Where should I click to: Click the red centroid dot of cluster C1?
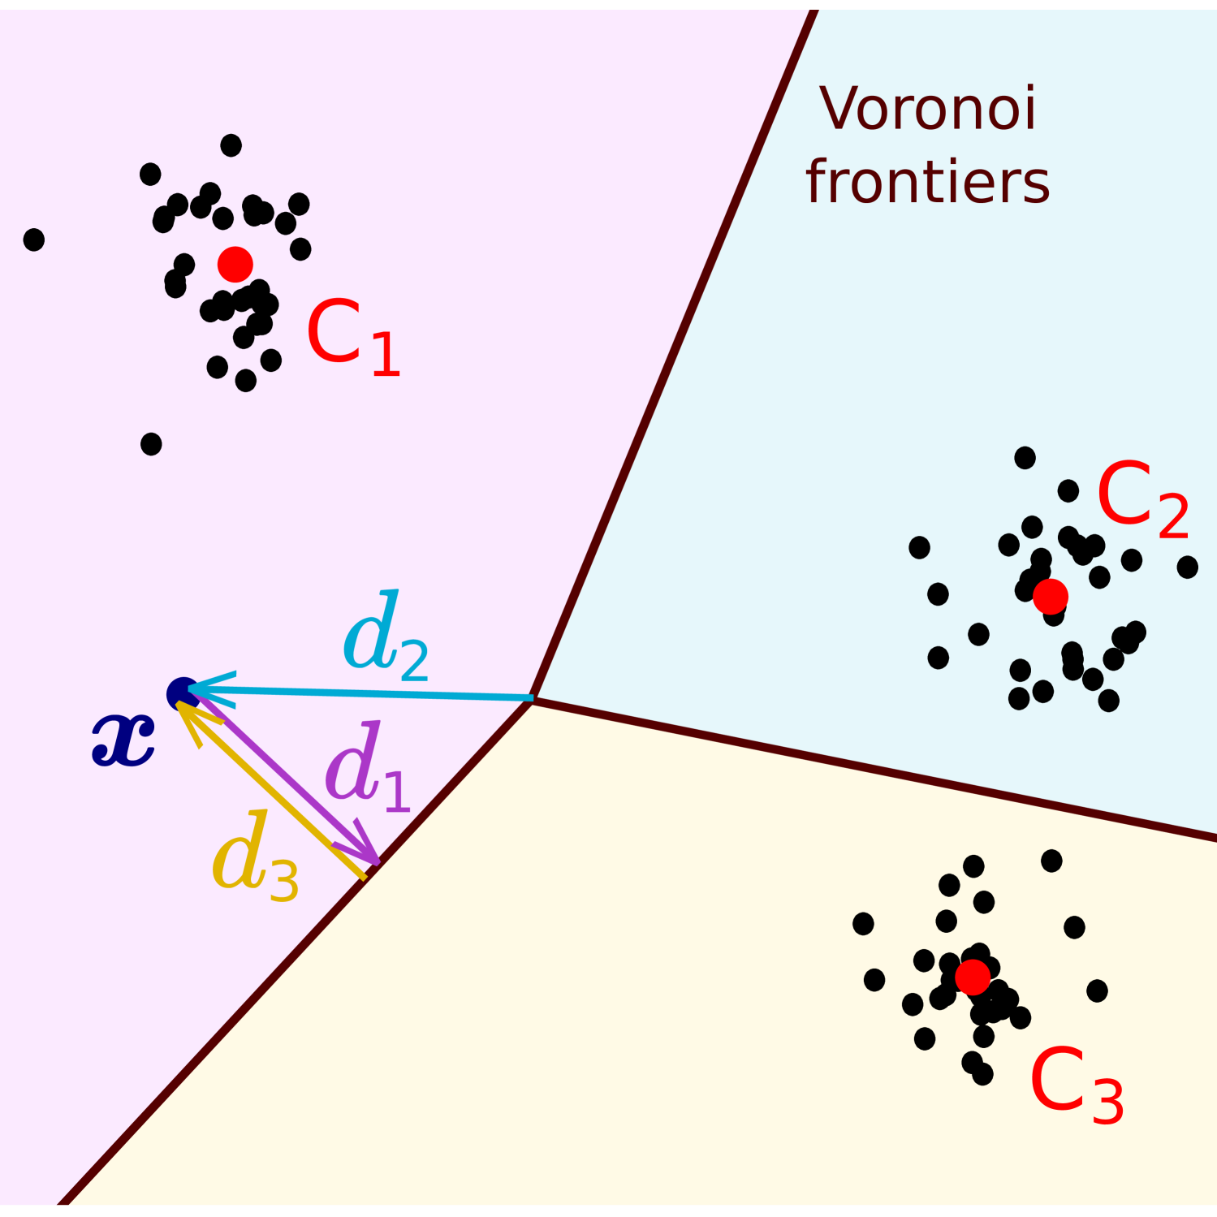click(235, 264)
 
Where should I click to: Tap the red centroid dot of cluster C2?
click(1051, 596)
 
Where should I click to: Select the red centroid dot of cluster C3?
click(973, 977)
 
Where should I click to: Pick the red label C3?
click(1076, 1085)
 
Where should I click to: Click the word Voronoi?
click(928, 109)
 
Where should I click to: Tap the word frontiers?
click(928, 182)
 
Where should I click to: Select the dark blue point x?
click(183, 694)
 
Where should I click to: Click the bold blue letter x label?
click(123, 740)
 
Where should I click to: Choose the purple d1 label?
click(367, 768)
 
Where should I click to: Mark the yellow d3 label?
click(255, 857)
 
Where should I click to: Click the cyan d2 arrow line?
click(365, 694)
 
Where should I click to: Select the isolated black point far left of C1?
click(34, 240)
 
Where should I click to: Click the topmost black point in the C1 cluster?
click(231, 145)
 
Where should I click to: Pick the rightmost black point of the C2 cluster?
click(1187, 567)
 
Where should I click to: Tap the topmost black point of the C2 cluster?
click(1025, 458)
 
